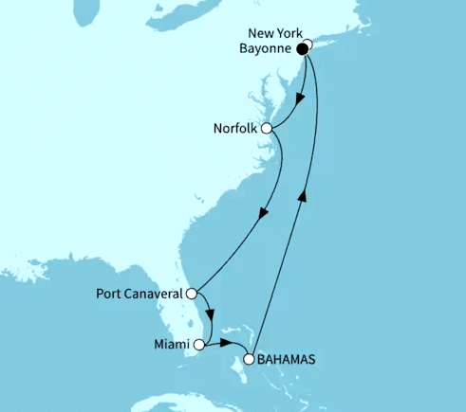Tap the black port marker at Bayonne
pos(302,49)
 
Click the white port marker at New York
pos(308,44)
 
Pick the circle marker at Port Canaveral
pos(192,294)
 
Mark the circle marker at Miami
pos(198,331)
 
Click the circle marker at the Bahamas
pos(250,359)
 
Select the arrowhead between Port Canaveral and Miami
pos(214,316)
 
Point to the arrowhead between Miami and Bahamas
pos(229,343)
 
